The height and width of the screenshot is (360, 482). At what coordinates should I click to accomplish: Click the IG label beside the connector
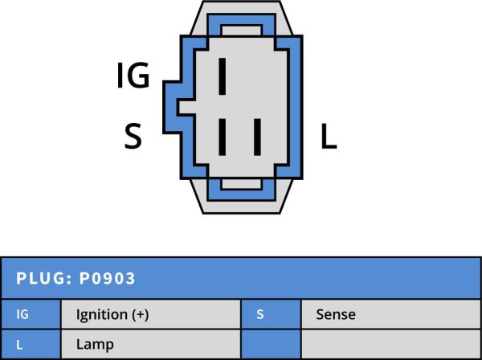coord(133,76)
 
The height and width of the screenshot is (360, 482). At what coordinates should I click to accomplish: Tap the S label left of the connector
coord(133,136)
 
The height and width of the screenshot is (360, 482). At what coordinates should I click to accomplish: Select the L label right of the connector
coord(329,136)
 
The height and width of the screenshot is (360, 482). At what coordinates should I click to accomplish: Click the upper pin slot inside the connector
coord(222,76)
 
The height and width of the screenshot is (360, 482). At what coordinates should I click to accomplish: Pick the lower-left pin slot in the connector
coord(222,137)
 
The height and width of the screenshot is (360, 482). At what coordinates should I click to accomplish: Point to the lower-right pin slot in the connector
coord(257,137)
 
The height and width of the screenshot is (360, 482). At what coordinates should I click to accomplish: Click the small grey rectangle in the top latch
coord(241,31)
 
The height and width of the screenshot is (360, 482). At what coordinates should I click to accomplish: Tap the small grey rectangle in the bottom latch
coord(241,184)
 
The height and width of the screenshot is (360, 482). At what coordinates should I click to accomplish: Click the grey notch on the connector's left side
coord(187,108)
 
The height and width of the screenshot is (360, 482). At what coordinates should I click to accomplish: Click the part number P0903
coord(108,278)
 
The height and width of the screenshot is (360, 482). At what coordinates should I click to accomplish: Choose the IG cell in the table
coord(31,314)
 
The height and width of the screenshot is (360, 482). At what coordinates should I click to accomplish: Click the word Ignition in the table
coord(102,314)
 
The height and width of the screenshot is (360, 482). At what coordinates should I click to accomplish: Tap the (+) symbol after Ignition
coord(140,314)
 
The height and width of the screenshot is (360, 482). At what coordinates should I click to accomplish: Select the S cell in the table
coord(272,314)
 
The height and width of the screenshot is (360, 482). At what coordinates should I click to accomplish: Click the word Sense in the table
coord(336,314)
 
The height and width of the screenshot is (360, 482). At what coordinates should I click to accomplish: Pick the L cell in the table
coord(31,344)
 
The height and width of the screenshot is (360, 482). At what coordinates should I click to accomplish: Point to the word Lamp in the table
coord(95,345)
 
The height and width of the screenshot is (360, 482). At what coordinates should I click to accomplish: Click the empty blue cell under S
coord(272,344)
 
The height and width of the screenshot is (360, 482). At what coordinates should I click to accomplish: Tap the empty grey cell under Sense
coord(391,344)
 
